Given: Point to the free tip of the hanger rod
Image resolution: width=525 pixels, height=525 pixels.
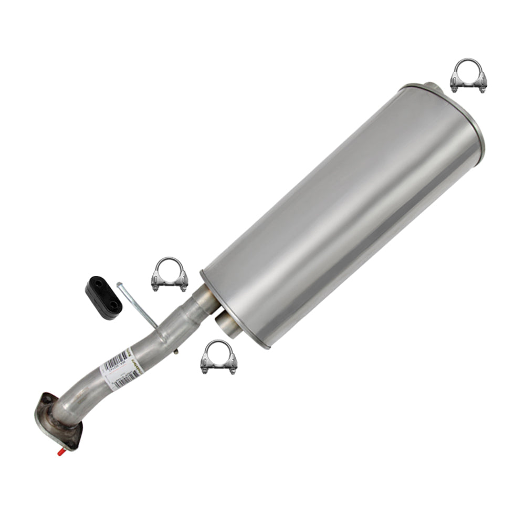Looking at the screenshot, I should pos(120,284).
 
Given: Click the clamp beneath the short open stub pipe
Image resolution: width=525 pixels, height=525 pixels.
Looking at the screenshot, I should pos(219,358).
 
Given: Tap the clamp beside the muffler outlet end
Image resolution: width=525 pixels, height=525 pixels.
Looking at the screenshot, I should pos(468,76).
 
